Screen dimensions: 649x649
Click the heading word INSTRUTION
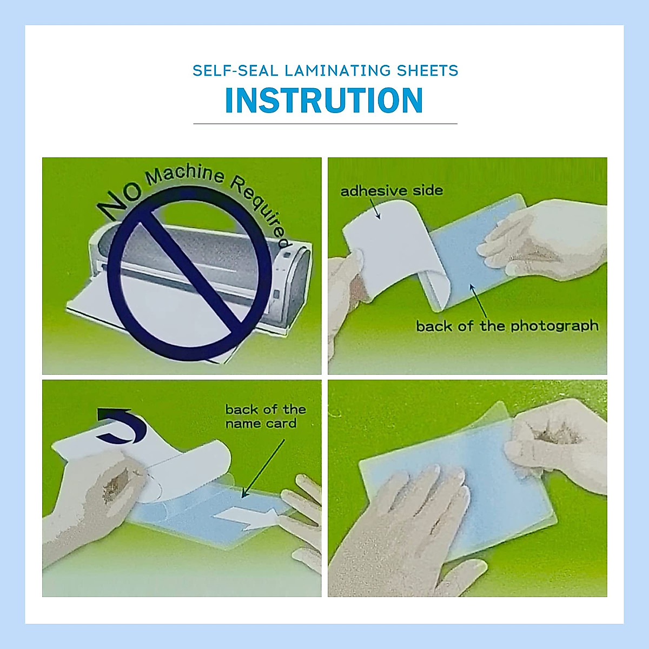(x=323, y=101)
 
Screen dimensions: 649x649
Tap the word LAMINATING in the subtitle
(x=337, y=70)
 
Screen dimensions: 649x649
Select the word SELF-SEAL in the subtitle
(x=235, y=70)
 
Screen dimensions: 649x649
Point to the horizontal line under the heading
(x=325, y=124)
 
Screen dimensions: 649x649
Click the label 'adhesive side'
(x=391, y=190)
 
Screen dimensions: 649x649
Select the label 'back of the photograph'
(x=507, y=326)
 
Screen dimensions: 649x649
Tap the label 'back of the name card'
(x=265, y=416)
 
